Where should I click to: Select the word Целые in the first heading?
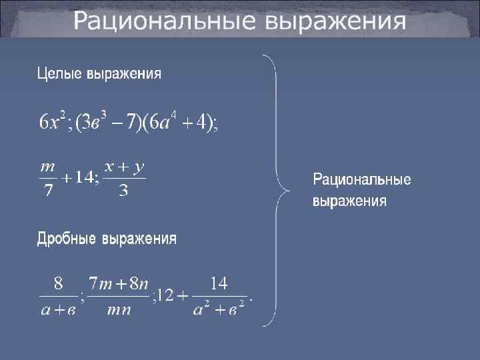[x=59, y=73]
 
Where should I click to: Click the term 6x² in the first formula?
[x=51, y=122]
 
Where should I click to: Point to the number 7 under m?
[x=47, y=191]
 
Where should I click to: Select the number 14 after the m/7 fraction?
[x=86, y=179]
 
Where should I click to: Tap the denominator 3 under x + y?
[x=123, y=191]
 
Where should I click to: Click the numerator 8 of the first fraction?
[x=59, y=284]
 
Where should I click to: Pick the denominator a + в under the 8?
[x=57, y=311]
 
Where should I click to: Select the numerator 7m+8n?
[x=119, y=285]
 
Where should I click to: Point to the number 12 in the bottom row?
[x=165, y=296]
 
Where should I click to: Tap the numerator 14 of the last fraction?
[x=219, y=284]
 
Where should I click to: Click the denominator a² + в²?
[x=219, y=311]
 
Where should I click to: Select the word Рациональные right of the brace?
[x=362, y=179]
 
